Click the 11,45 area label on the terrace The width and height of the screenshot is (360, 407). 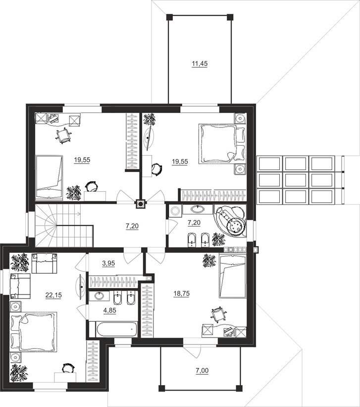coord(200,63)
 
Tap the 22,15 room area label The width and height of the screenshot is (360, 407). coord(53,295)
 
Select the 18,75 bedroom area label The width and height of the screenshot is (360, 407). coord(182,293)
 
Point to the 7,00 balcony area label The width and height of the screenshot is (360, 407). coord(202,371)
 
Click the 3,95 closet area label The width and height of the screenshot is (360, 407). coord(108,263)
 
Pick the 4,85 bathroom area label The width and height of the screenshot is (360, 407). coord(110,310)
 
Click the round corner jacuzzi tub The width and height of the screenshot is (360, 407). coord(230,221)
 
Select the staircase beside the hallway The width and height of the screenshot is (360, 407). coord(64,225)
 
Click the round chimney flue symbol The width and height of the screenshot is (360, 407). coord(141,204)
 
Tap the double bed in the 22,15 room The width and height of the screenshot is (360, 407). coord(33,332)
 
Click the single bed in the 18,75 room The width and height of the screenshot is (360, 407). coord(232,276)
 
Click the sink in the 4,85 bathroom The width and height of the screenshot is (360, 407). coord(99,295)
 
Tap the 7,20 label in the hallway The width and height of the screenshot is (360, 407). coord(132,226)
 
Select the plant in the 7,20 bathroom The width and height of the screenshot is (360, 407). coord(218,239)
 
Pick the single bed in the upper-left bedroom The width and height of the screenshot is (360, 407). coord(49,177)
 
